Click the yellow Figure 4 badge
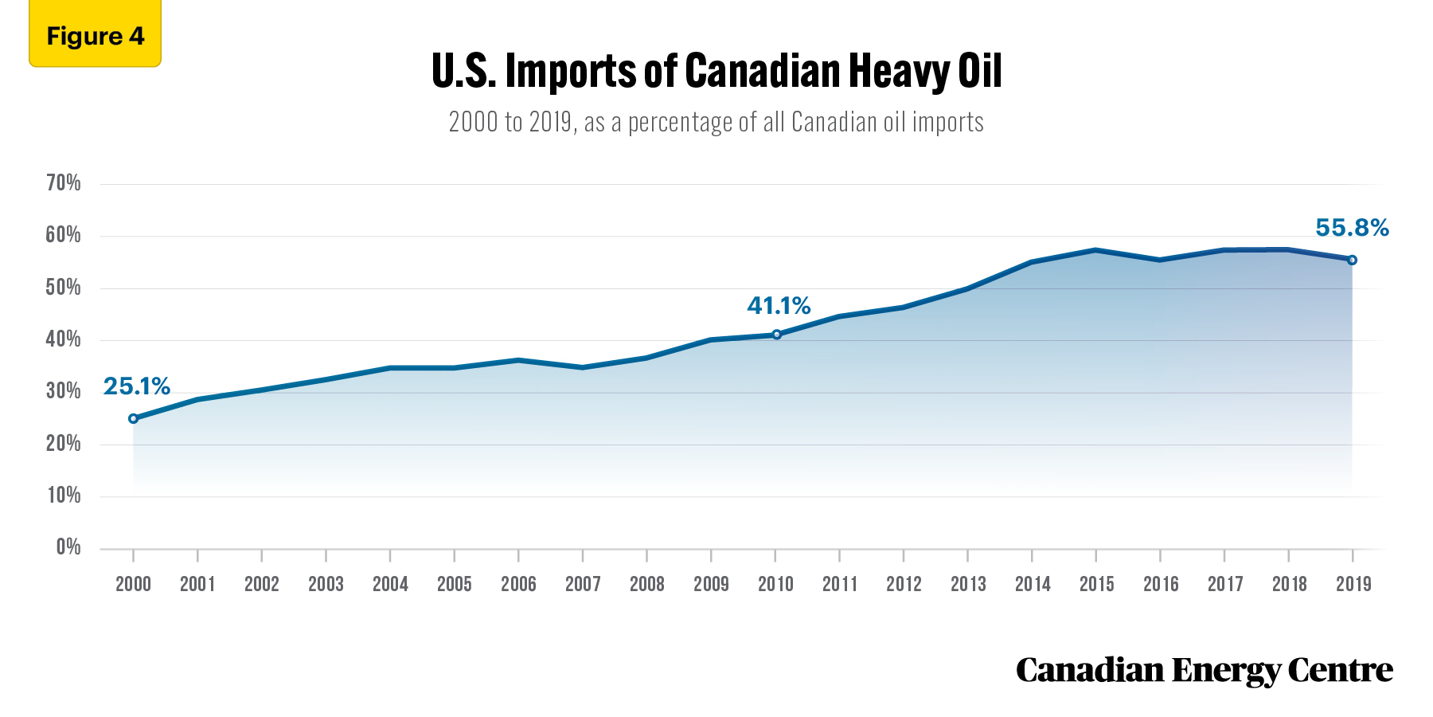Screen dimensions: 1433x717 coord(95,33)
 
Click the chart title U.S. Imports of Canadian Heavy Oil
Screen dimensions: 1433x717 coord(716,72)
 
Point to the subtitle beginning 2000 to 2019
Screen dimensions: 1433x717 coord(716,122)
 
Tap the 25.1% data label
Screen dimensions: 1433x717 coord(137,386)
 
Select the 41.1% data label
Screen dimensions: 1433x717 coord(779,306)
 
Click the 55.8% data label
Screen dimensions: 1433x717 coord(1352,228)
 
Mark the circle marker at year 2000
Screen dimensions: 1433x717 coord(133,418)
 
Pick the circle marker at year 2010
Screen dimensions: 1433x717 coord(776,335)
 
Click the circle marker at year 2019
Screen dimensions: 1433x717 coord(1352,260)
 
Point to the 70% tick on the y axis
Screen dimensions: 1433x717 coord(64,183)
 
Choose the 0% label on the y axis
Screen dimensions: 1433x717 coord(68,547)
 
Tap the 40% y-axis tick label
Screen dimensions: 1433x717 coord(64,339)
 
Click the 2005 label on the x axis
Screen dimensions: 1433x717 coord(455,584)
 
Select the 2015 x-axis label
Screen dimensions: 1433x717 coord(1096,584)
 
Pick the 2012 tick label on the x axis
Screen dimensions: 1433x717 coord(904,584)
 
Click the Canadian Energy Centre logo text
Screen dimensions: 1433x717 coord(1205,670)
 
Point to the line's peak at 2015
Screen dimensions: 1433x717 coord(1096,250)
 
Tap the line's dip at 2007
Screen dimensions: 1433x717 coord(583,367)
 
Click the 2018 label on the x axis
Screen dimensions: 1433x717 coord(1289,584)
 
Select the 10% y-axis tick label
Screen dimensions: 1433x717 coord(64,496)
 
